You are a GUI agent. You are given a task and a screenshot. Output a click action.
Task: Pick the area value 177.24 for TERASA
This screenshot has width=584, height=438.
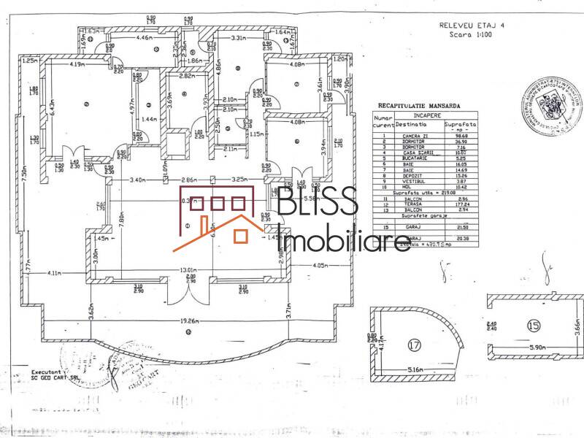[x=458, y=206]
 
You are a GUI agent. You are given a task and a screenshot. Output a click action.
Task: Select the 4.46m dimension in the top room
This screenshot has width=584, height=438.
[x=144, y=37]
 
